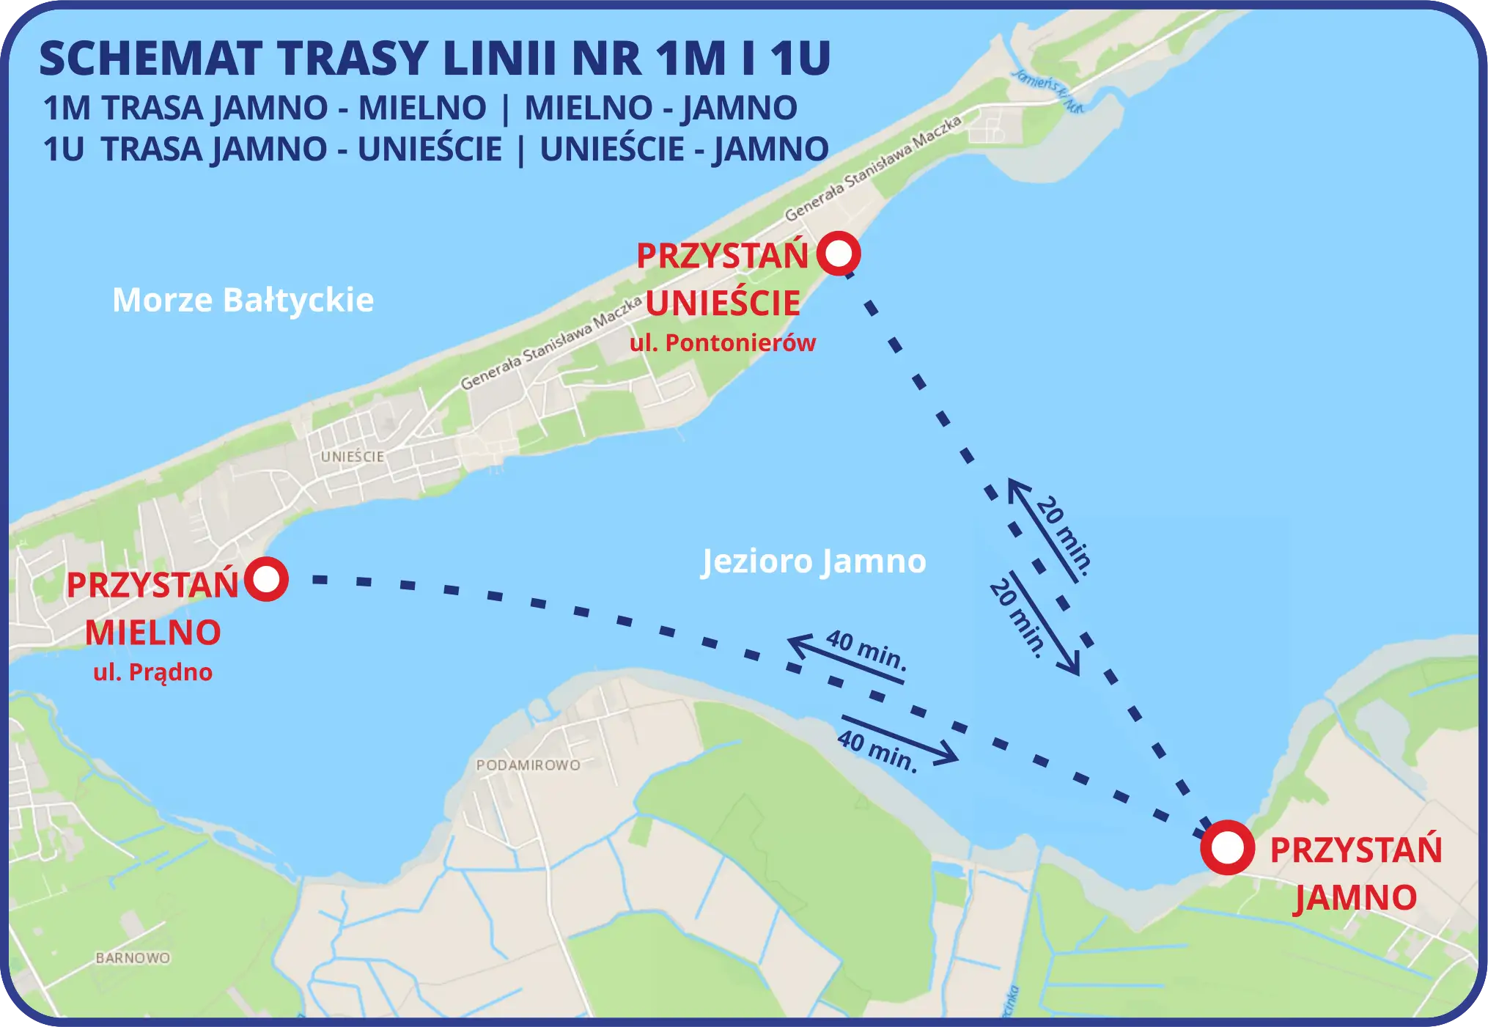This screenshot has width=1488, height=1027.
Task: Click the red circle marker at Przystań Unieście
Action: point(839,254)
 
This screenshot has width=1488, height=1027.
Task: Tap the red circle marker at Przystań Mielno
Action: point(266,579)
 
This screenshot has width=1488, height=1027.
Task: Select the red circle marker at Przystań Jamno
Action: point(1228,847)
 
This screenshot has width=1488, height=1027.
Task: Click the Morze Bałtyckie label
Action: point(243,300)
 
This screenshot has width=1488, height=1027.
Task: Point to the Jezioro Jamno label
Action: point(814,562)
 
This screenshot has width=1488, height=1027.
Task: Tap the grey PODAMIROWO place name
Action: point(528,765)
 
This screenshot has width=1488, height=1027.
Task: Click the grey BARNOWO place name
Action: point(133,958)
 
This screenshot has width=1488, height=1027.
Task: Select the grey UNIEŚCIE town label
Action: point(353,456)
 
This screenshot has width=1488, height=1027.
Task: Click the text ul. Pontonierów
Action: point(723,343)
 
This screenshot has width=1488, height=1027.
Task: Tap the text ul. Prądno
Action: point(152,672)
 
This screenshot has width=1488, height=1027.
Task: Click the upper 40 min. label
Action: point(866,649)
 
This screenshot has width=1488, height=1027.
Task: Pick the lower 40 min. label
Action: point(877,751)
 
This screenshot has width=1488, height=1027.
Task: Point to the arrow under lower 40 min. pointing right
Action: point(900,737)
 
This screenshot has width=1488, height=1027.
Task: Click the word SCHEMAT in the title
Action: point(151,59)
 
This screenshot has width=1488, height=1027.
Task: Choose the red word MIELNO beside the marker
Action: point(152,633)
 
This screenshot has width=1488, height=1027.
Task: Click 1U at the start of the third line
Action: point(64,149)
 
